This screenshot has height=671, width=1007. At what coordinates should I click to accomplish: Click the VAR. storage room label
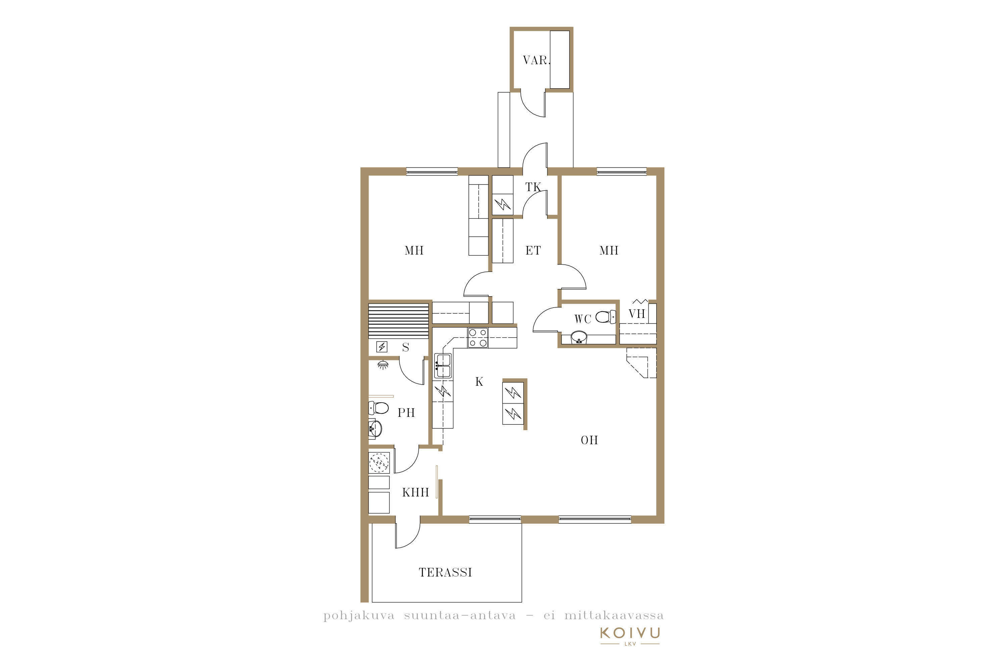pos(536,60)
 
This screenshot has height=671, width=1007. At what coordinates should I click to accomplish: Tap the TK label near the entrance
pos(533,187)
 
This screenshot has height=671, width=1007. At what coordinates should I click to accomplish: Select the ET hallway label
pos(533,250)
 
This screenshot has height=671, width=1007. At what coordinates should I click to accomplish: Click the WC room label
pos(582,319)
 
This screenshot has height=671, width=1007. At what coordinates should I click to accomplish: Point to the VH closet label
pos(637,314)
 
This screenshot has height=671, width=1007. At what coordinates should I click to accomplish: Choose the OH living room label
pos(589,440)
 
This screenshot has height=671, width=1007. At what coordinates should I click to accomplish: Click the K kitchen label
pos(479,382)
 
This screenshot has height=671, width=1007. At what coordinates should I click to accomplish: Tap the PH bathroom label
pos(406,413)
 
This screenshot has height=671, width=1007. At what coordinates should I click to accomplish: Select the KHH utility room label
pos(415,492)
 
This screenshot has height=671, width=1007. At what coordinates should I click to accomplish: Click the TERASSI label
pos(445,572)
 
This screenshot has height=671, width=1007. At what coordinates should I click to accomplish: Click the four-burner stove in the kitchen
pos(477,337)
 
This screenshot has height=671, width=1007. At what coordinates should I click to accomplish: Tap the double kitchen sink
pos(443,366)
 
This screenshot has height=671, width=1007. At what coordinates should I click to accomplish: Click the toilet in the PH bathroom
pos(379,408)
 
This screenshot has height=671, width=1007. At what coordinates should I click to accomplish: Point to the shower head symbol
pos(383,365)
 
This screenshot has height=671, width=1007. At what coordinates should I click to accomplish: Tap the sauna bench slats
pos(399,321)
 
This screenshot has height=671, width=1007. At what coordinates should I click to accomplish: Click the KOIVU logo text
pos(630,632)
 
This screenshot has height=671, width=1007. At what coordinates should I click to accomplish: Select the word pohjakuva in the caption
pos(359,616)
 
